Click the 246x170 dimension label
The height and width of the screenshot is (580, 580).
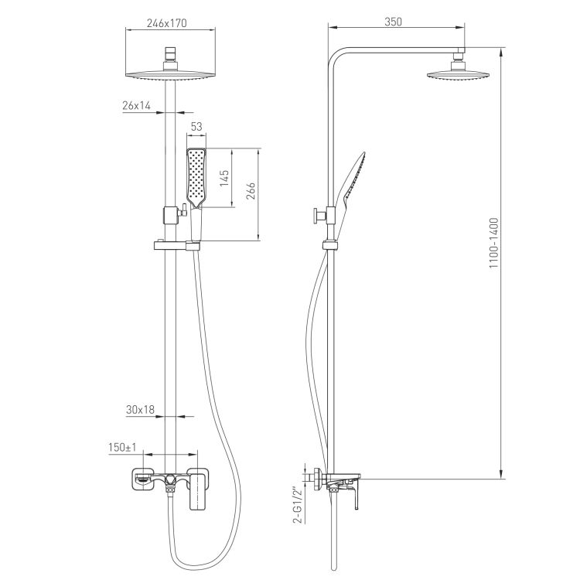pyautogui.click(x=167, y=23)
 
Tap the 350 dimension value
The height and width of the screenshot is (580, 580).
pyautogui.click(x=393, y=22)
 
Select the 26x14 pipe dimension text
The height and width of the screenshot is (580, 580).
pyautogui.click(x=136, y=106)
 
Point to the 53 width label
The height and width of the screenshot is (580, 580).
pyautogui.click(x=196, y=127)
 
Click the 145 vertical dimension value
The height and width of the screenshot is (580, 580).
pyautogui.click(x=224, y=178)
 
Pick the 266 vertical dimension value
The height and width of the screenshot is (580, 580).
pyautogui.click(x=251, y=190)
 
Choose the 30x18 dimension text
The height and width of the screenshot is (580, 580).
pyautogui.click(x=140, y=409)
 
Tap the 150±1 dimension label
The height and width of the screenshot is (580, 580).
pyautogui.click(x=122, y=447)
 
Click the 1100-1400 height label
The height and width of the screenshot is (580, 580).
pyautogui.click(x=494, y=243)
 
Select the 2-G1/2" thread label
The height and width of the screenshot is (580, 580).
pyautogui.click(x=297, y=504)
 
